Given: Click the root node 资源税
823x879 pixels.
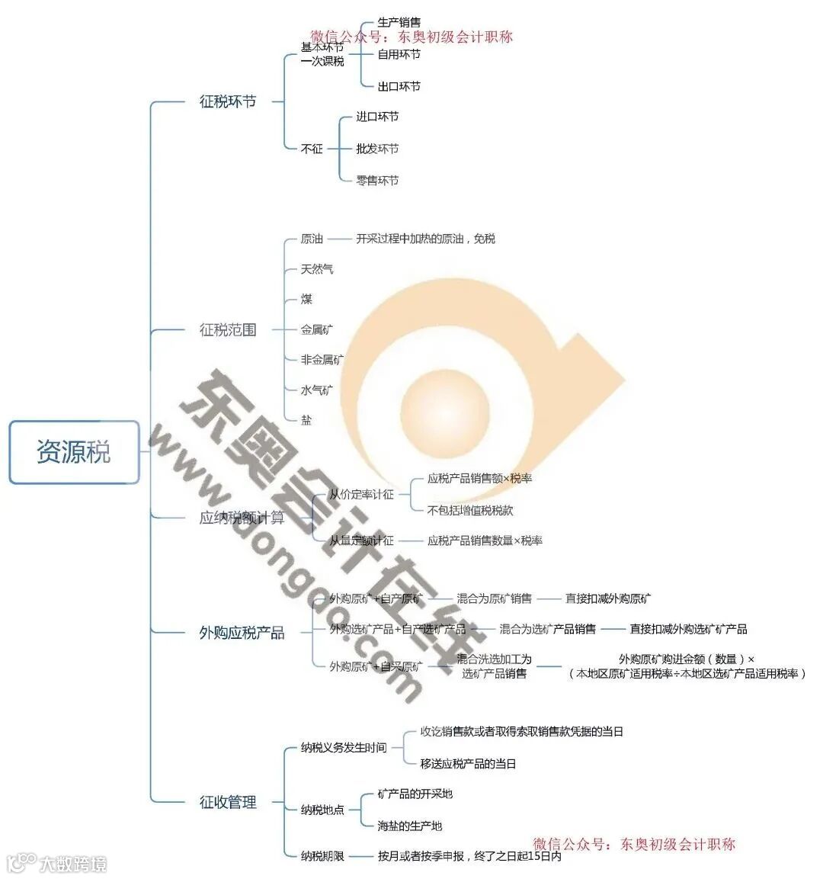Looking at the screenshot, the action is coord(74,452).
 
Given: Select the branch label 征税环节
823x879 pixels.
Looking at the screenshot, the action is coord(228,101).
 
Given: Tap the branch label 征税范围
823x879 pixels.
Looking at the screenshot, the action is coord(228,329).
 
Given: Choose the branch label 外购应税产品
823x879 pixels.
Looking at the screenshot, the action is coord(242,633).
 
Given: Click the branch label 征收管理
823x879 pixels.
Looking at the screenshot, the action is coord(228,802).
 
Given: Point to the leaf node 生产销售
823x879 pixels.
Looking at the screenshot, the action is coord(399,22).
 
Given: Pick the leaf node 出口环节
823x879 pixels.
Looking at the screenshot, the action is coord(399,86).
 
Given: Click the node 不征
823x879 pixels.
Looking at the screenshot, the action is coord(312,149).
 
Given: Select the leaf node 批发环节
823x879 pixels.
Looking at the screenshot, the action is coord(377,149).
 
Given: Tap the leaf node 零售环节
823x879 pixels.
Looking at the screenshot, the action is coord(377,181).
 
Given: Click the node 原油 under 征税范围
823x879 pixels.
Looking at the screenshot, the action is coord(312,239).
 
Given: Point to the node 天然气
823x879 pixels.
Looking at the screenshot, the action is coord(317,269).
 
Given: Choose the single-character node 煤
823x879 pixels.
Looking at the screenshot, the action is coord(306,299).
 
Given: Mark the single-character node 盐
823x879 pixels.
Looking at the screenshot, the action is coord(306,420).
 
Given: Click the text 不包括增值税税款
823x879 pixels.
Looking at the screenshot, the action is coord(470,510).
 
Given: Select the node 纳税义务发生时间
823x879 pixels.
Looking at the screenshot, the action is coord(344,748).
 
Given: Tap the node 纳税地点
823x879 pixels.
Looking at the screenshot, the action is coord(322,810).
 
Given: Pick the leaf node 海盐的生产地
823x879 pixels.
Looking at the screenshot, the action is coord(409,826).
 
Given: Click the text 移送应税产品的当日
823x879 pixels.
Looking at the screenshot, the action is coord(468,763).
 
